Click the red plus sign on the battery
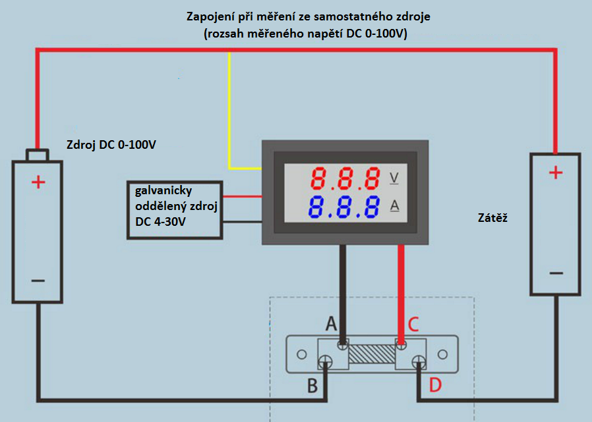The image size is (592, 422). [x=38, y=182]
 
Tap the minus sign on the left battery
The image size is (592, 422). [x=38, y=280]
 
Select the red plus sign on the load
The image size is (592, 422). [x=556, y=172]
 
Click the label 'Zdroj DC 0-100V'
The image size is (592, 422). [x=111, y=145]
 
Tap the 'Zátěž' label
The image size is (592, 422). [x=491, y=216]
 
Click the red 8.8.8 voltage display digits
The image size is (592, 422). [x=346, y=178]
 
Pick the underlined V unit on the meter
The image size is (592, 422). [x=395, y=178]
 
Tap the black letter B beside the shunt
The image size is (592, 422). [x=313, y=384]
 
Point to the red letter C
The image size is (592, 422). [x=413, y=324]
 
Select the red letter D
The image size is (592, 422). [x=435, y=384]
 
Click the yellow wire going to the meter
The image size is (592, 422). [x=229, y=112]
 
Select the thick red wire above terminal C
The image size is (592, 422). [x=401, y=290]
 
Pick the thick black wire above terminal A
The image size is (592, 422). [x=343, y=290]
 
